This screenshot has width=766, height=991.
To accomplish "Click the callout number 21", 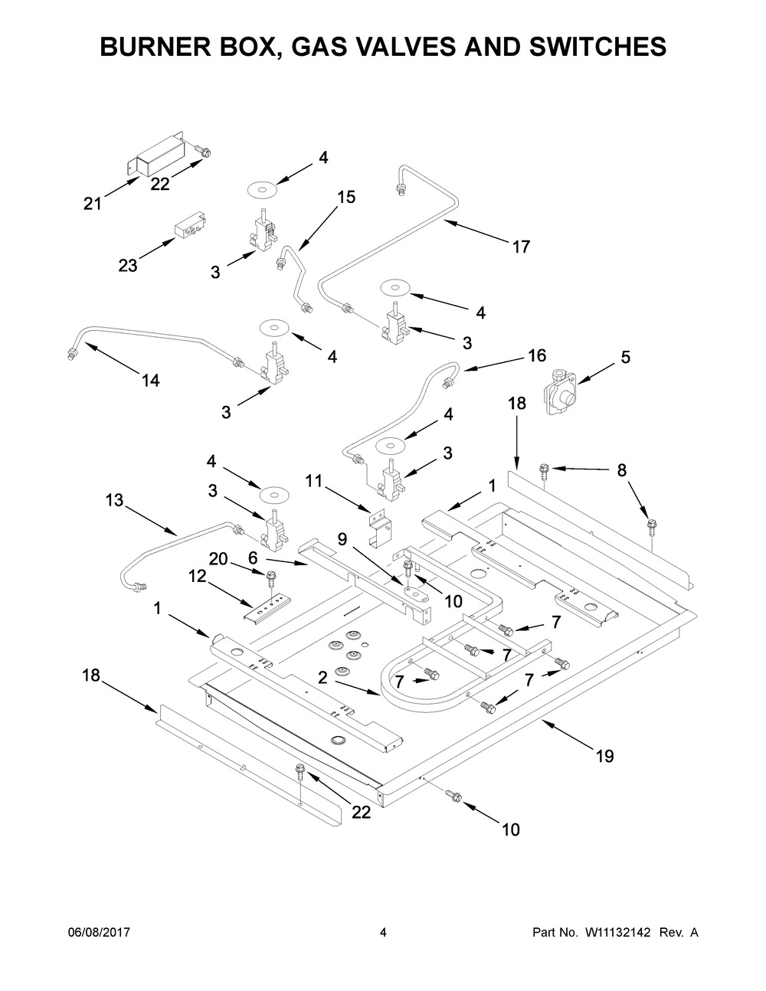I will coord(93,204).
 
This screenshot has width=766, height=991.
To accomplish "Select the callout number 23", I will coord(128,266).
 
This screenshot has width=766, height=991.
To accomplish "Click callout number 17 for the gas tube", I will coord(522,247).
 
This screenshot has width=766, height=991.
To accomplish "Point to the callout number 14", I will coord(151,379).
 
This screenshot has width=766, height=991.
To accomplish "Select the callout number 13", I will coord(114,500).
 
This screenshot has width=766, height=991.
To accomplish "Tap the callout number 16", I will coord(537,355).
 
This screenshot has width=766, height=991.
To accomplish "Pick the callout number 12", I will coord(198,575).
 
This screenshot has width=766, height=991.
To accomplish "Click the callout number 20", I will coord(219,559).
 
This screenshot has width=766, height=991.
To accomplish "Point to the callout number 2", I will coord(322,676).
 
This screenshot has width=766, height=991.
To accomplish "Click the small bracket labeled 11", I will coord(378,528).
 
